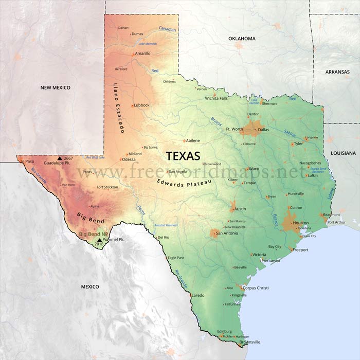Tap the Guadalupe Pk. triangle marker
[x=60, y=158]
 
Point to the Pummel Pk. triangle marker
[x=99, y=239]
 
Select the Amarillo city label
[x=142, y=53]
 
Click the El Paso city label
[x=27, y=161]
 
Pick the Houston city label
[x=300, y=223]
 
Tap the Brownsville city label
[x=250, y=342]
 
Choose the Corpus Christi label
[x=256, y=288]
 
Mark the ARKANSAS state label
[x=337, y=73]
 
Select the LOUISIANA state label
[x=343, y=153]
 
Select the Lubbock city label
[x=141, y=105]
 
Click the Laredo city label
[x=197, y=295]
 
